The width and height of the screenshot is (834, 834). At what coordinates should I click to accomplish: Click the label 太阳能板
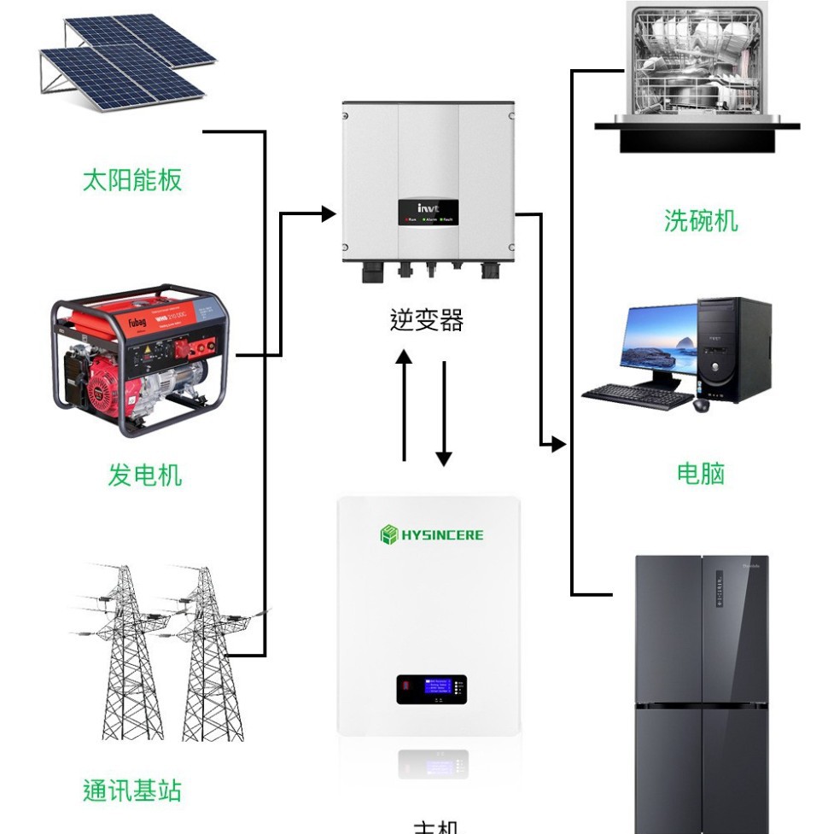132,180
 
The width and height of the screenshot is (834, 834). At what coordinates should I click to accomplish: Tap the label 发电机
144,475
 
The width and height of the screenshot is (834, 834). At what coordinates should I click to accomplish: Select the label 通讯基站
132,790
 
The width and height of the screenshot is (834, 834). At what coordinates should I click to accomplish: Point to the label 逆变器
427,320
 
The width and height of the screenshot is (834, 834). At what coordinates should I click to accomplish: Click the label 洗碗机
700,221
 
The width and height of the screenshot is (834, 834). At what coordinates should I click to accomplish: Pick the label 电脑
700,474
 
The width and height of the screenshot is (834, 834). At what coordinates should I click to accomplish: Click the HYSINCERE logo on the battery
431,535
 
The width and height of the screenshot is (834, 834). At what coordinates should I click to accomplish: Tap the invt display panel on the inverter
428,212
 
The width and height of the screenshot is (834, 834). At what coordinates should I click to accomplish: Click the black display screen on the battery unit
431,689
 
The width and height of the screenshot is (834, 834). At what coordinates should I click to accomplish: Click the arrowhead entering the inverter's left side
329,213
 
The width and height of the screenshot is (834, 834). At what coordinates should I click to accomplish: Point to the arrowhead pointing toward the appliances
557,444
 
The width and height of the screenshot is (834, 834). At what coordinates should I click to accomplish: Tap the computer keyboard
638,395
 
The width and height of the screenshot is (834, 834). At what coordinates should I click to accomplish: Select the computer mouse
701,405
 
